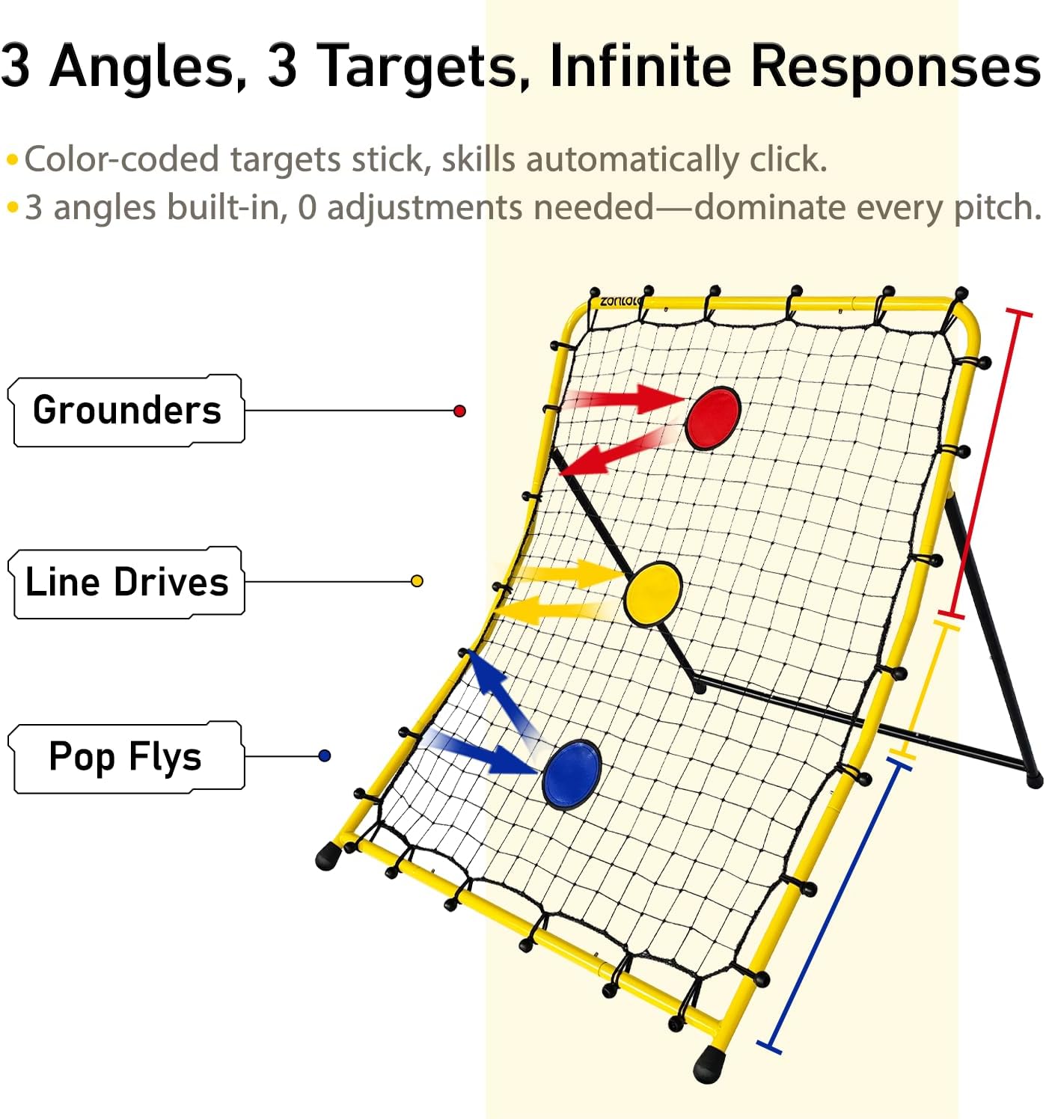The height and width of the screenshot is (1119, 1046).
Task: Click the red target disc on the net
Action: pos(713,418)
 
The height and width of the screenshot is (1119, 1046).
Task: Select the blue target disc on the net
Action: pos(572,775)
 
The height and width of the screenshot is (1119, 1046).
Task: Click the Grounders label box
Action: pos(127,411)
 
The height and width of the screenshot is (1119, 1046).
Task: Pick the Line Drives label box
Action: pos(126,582)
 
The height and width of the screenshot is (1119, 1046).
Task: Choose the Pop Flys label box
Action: pos(126,756)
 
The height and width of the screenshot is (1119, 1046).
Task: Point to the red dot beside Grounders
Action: pos(460,411)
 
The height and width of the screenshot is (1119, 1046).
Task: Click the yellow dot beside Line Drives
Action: pos(418,581)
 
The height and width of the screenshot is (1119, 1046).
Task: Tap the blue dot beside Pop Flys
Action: pos(324,756)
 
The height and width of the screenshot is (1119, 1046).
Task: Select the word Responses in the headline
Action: pos(894,67)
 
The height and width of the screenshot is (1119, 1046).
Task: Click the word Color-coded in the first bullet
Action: pos(122,159)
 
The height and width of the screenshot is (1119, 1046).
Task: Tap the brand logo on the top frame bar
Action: pos(620,301)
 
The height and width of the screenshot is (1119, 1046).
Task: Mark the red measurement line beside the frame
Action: pos(987,464)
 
